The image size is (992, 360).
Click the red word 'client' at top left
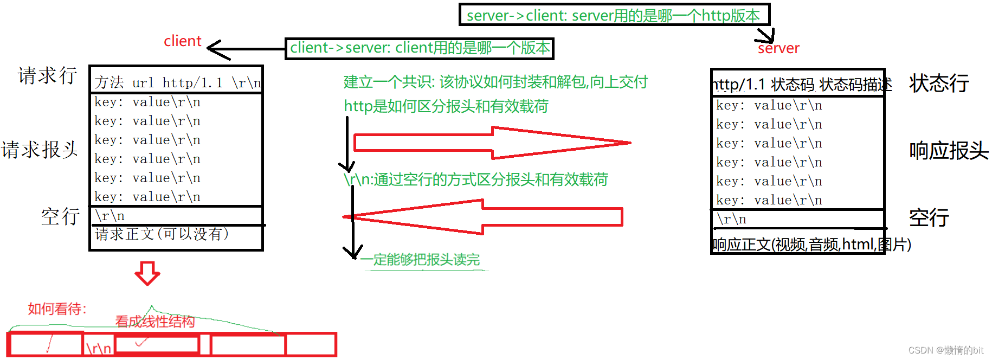click(182, 41)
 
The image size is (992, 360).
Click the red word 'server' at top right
click(778, 48)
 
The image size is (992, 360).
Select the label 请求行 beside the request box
click(48, 75)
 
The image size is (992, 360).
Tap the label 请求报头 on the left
click(40, 150)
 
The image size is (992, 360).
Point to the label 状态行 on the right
click(939, 83)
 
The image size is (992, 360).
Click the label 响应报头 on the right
click(949, 151)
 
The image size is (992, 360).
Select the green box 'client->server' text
click(420, 48)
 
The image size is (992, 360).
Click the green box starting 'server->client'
click(614, 15)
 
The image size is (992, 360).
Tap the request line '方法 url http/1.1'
click(177, 82)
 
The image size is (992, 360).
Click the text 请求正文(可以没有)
click(162, 234)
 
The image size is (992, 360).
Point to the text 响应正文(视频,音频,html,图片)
click(811, 245)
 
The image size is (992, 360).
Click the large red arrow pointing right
click(491, 143)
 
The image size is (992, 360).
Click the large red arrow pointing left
click(482, 217)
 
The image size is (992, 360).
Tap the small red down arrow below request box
click(147, 273)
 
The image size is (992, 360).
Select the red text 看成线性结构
click(155, 322)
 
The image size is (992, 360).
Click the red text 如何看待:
click(57, 309)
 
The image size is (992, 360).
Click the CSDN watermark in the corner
click(945, 350)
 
